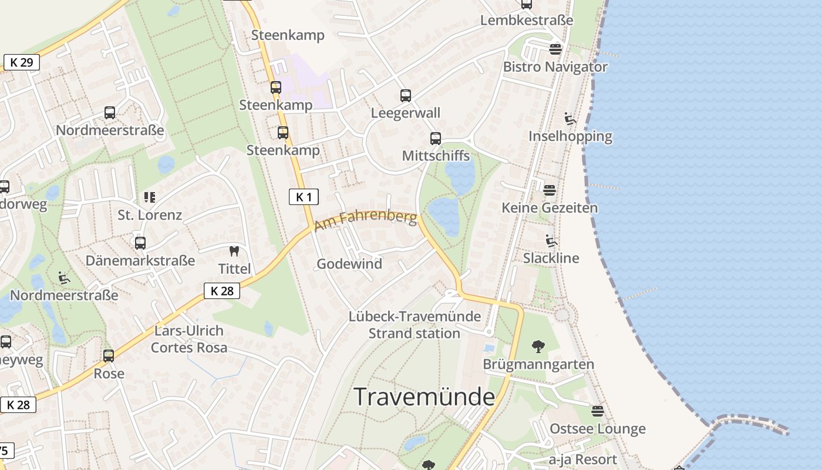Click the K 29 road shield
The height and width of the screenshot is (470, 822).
22,62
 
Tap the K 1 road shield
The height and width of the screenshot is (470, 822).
304,197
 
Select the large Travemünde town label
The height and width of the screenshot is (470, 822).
425,397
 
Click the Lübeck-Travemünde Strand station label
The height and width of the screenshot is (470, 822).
415,325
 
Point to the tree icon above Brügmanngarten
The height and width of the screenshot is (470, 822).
537,347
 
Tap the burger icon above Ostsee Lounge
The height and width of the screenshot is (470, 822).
598,411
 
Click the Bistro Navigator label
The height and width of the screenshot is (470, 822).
555,67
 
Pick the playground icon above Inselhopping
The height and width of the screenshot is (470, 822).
570,119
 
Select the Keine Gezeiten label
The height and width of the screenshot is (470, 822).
550,208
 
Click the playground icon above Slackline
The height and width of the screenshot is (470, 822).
551,241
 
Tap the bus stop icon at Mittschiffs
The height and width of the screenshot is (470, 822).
435,139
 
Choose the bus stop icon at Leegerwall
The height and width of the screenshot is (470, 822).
405,96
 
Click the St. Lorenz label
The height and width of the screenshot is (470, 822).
150,215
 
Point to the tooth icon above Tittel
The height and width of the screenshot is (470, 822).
234,251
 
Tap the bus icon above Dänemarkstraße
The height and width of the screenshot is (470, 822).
140,243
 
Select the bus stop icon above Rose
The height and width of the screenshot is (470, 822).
109,356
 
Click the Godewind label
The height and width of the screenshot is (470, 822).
349,264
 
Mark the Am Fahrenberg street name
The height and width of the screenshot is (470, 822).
366,221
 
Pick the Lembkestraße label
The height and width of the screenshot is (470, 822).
527,21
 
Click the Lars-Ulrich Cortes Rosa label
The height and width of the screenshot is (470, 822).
189,339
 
